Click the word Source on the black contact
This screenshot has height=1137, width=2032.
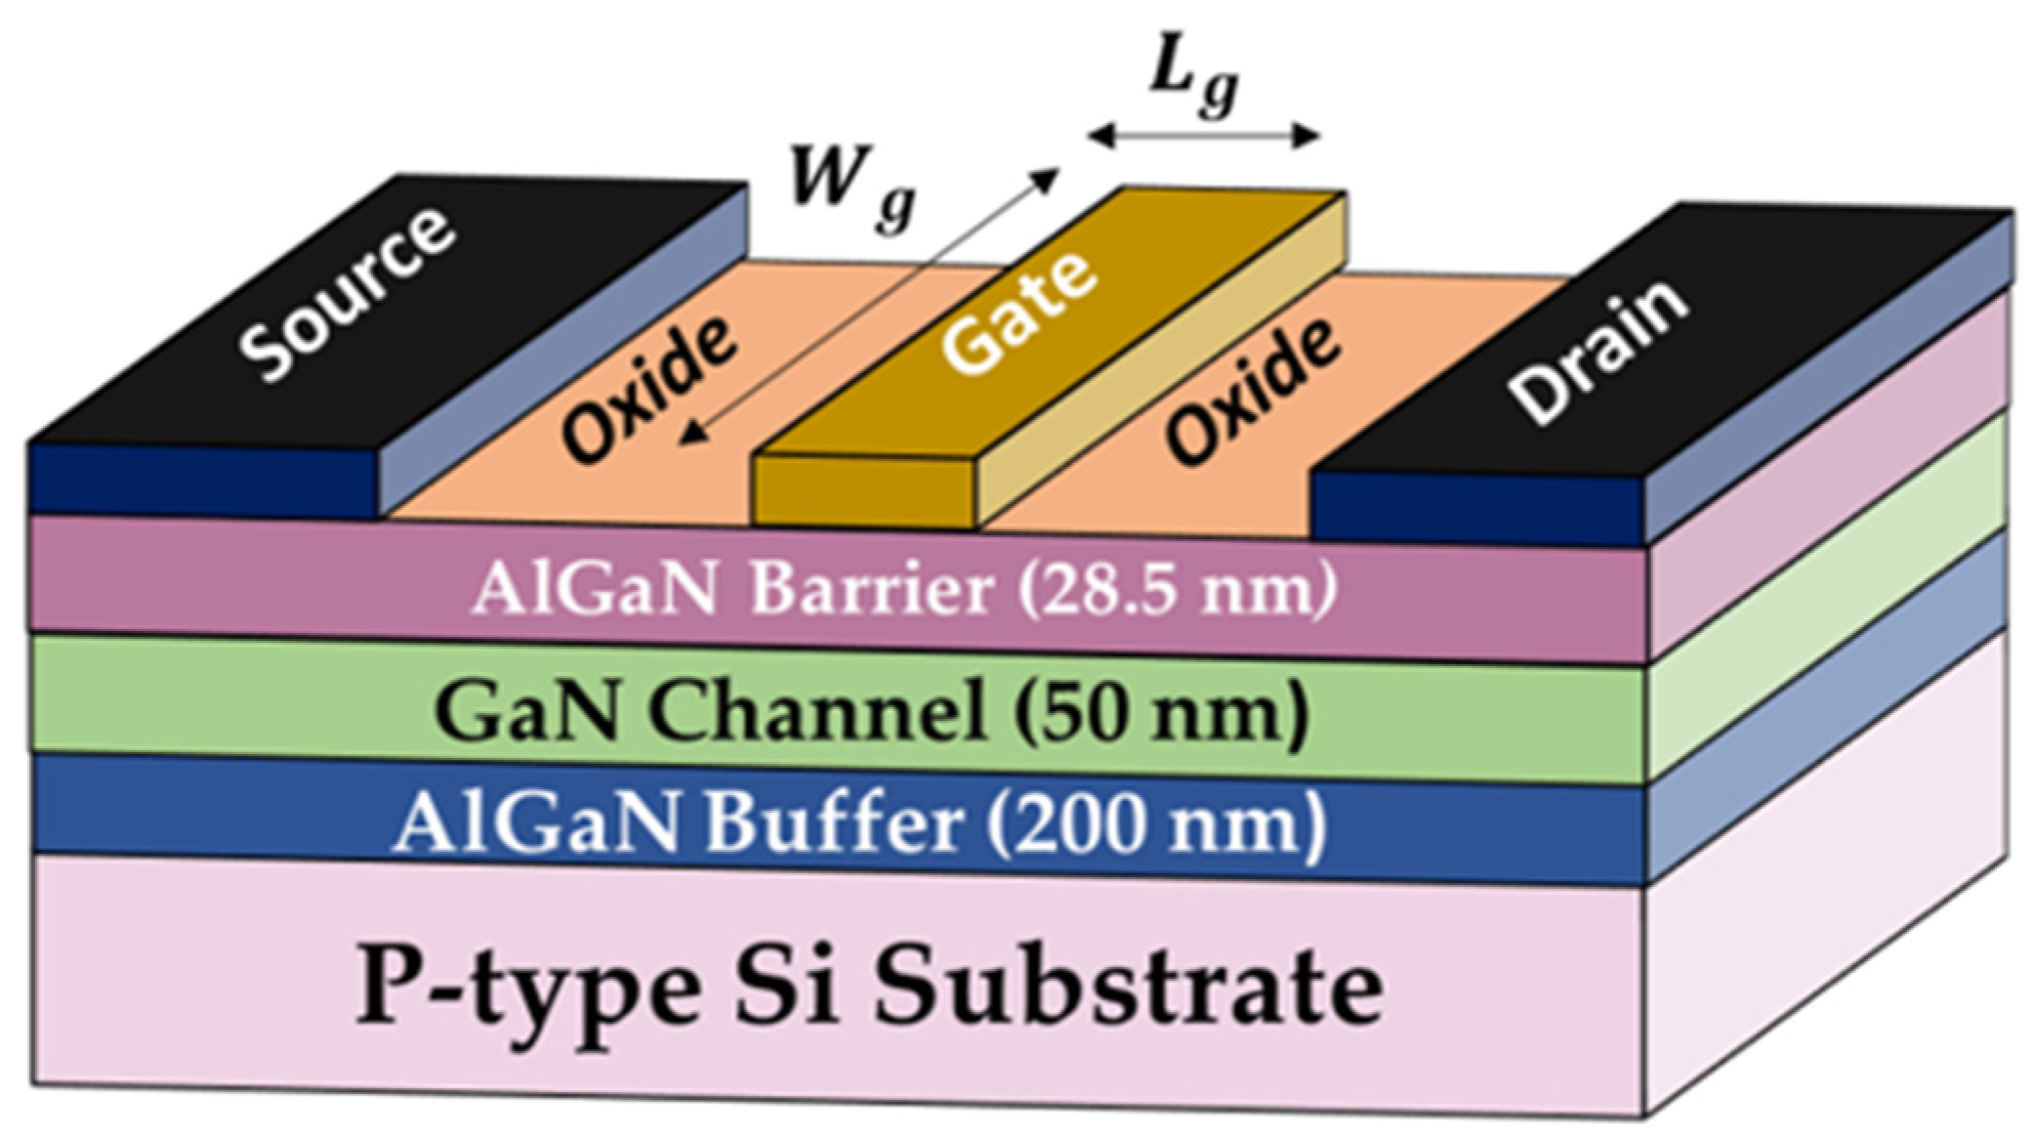click(349, 295)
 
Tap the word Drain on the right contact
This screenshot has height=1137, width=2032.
click(1597, 353)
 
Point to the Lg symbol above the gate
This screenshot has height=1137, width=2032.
click(1192, 88)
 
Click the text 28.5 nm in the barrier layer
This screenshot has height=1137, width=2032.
click(1177, 590)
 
